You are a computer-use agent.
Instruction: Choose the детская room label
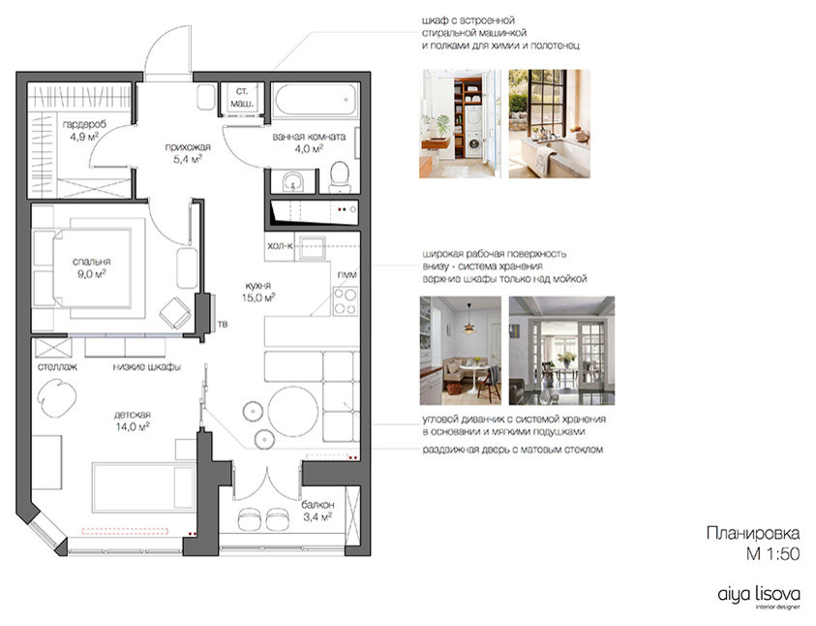(x=131, y=420)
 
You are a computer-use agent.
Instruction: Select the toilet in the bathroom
(x=340, y=174)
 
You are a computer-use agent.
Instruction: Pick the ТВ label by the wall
(x=223, y=325)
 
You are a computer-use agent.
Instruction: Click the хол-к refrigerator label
(x=280, y=247)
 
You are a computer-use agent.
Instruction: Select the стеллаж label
(x=57, y=367)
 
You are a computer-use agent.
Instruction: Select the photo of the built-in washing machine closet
(x=461, y=122)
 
